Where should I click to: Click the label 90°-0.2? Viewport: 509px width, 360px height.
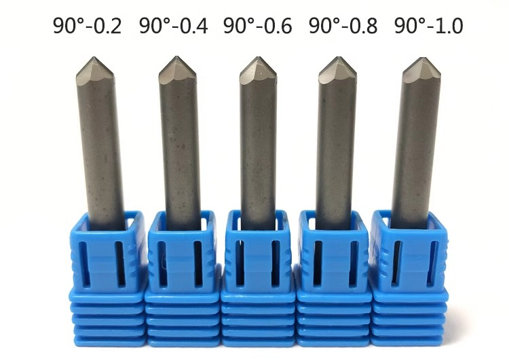(88, 26)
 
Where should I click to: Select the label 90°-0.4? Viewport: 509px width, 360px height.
(173, 26)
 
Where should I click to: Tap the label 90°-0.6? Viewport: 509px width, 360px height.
(258, 26)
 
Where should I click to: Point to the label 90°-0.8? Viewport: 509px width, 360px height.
(343, 26)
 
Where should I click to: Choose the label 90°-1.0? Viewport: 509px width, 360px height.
(428, 26)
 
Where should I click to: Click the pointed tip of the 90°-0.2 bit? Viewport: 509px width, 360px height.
(94, 58)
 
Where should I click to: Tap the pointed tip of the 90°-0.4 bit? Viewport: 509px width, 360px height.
(177, 57)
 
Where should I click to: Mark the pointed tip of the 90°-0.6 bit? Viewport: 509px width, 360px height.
(258, 58)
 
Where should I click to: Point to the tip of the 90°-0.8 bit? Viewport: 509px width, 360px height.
(338, 58)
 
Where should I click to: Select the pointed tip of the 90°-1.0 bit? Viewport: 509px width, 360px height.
(422, 58)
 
